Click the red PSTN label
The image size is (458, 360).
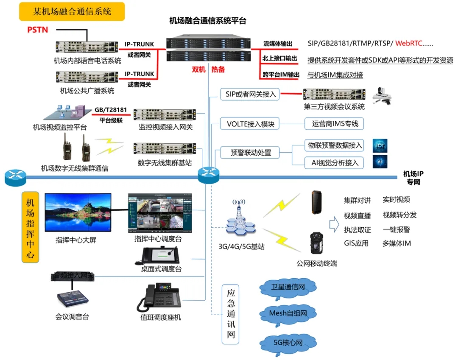click(x=38, y=30)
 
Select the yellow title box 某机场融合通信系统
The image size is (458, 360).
click(x=72, y=11)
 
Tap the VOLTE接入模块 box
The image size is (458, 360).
click(x=250, y=124)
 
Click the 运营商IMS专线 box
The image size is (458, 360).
click(x=335, y=124)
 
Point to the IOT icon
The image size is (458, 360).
click(x=380, y=145)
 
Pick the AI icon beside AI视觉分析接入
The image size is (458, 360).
click(x=380, y=162)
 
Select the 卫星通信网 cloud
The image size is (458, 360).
click(x=288, y=287)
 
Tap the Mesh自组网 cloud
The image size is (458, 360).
click(x=288, y=314)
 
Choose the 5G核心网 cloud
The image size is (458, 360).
click(x=288, y=342)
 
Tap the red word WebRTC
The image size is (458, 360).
click(x=408, y=43)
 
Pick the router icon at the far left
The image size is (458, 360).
click(x=16, y=178)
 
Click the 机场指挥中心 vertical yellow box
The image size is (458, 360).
click(x=30, y=227)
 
